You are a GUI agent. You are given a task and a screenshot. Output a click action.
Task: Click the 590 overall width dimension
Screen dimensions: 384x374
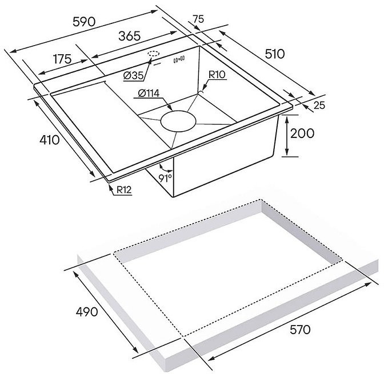tap(83, 22)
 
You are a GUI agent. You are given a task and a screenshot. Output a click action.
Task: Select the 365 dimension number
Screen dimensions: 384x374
tap(129, 36)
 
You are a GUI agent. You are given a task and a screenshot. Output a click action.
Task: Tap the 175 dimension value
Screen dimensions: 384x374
tap(62, 59)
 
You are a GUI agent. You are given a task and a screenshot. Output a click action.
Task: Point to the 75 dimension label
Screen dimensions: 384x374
tap(198, 19)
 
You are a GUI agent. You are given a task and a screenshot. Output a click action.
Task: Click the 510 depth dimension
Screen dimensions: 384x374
tap(274, 54)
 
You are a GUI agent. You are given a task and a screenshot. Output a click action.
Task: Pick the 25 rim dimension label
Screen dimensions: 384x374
tap(319, 105)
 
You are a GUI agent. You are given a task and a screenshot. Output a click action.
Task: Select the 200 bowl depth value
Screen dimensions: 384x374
tap(302, 133)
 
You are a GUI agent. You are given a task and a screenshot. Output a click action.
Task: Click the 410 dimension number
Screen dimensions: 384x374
tap(50, 140)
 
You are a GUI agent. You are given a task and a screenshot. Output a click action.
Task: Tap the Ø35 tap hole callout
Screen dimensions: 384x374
tap(134, 76)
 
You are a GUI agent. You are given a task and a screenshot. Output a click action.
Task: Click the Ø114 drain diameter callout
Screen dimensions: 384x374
tap(149, 93)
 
